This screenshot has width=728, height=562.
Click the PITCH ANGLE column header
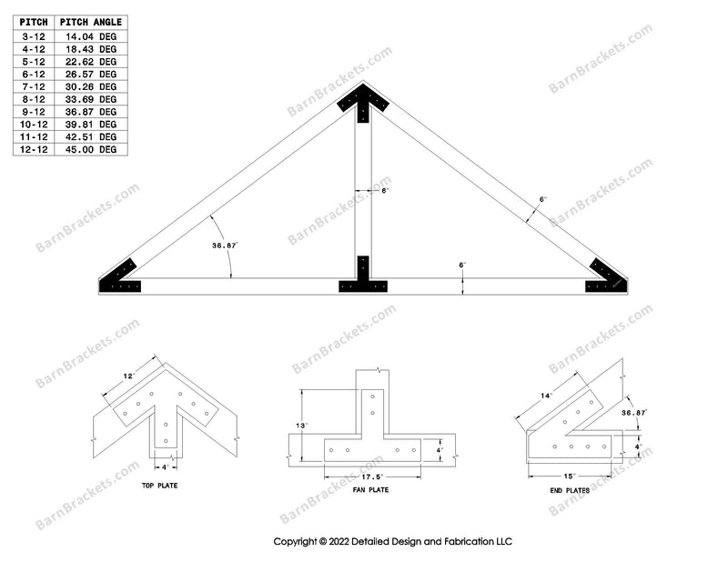(90, 22)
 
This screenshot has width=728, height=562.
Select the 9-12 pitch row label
(34, 112)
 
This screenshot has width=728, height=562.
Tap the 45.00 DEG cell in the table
(90, 149)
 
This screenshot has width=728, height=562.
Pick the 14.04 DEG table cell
(90, 36)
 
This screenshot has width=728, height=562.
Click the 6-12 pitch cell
(34, 75)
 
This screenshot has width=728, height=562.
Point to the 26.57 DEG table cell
(90, 75)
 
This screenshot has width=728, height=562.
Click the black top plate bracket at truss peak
(363, 99)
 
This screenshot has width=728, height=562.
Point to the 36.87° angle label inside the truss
(225, 246)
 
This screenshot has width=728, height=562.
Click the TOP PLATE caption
(160, 486)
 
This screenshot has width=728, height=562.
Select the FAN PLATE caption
(370, 489)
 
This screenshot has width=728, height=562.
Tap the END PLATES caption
(570, 490)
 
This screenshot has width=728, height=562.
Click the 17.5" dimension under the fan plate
(372, 477)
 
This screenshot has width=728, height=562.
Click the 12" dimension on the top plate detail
(129, 376)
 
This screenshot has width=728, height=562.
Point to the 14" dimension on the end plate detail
(547, 396)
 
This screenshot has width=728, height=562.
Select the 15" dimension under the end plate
(570, 477)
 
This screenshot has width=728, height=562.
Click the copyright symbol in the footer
(323, 542)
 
